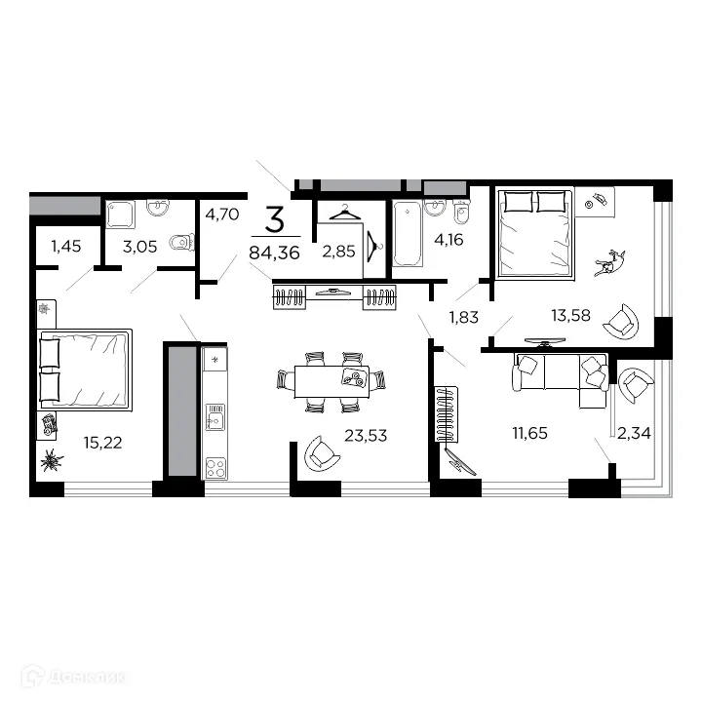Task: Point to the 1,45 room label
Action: tap(66, 247)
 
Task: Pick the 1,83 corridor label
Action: tap(465, 316)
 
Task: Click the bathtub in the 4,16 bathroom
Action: tap(407, 234)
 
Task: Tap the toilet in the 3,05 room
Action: tap(179, 242)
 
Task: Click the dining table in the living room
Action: tap(330, 378)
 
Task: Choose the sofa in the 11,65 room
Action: tap(561, 379)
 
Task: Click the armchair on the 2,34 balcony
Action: tap(636, 385)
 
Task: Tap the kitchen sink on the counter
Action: tap(214, 421)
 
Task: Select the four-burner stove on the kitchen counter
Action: tap(214, 467)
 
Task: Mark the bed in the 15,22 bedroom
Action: tap(84, 370)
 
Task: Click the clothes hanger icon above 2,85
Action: tap(344, 214)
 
